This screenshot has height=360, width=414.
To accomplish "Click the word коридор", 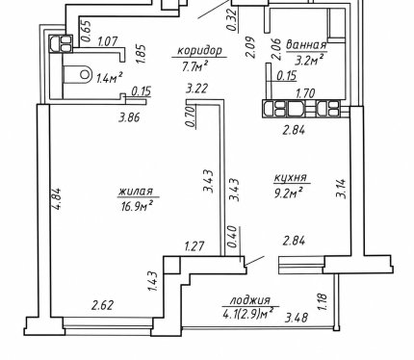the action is click(x=199, y=51).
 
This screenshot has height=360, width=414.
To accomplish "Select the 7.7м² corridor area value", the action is click(x=195, y=65).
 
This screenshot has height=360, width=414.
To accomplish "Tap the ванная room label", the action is click(x=306, y=45).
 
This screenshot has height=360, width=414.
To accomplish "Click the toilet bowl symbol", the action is click(x=78, y=75).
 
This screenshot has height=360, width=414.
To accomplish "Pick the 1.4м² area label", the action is click(x=110, y=77).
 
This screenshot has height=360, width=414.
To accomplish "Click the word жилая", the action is click(x=135, y=192).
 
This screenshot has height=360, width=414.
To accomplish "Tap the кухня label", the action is click(x=291, y=177).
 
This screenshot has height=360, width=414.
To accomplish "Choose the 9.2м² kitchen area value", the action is click(x=289, y=193).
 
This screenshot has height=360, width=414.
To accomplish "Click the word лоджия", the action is click(x=250, y=300).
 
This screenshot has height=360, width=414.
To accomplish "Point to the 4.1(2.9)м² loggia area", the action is click(x=248, y=314).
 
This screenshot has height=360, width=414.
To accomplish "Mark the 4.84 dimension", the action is click(x=57, y=198).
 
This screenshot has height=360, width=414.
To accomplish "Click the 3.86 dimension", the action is click(x=129, y=117).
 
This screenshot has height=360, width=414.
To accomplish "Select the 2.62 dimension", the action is click(x=102, y=305).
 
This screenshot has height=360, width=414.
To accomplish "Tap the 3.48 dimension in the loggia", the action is click(x=297, y=318).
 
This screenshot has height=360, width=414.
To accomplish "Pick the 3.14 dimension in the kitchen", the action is click(x=341, y=189).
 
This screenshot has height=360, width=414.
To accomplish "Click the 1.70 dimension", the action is click(x=305, y=93).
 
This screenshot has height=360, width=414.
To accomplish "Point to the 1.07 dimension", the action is click(x=108, y=41).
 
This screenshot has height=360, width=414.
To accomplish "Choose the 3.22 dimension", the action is click(x=197, y=89).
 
